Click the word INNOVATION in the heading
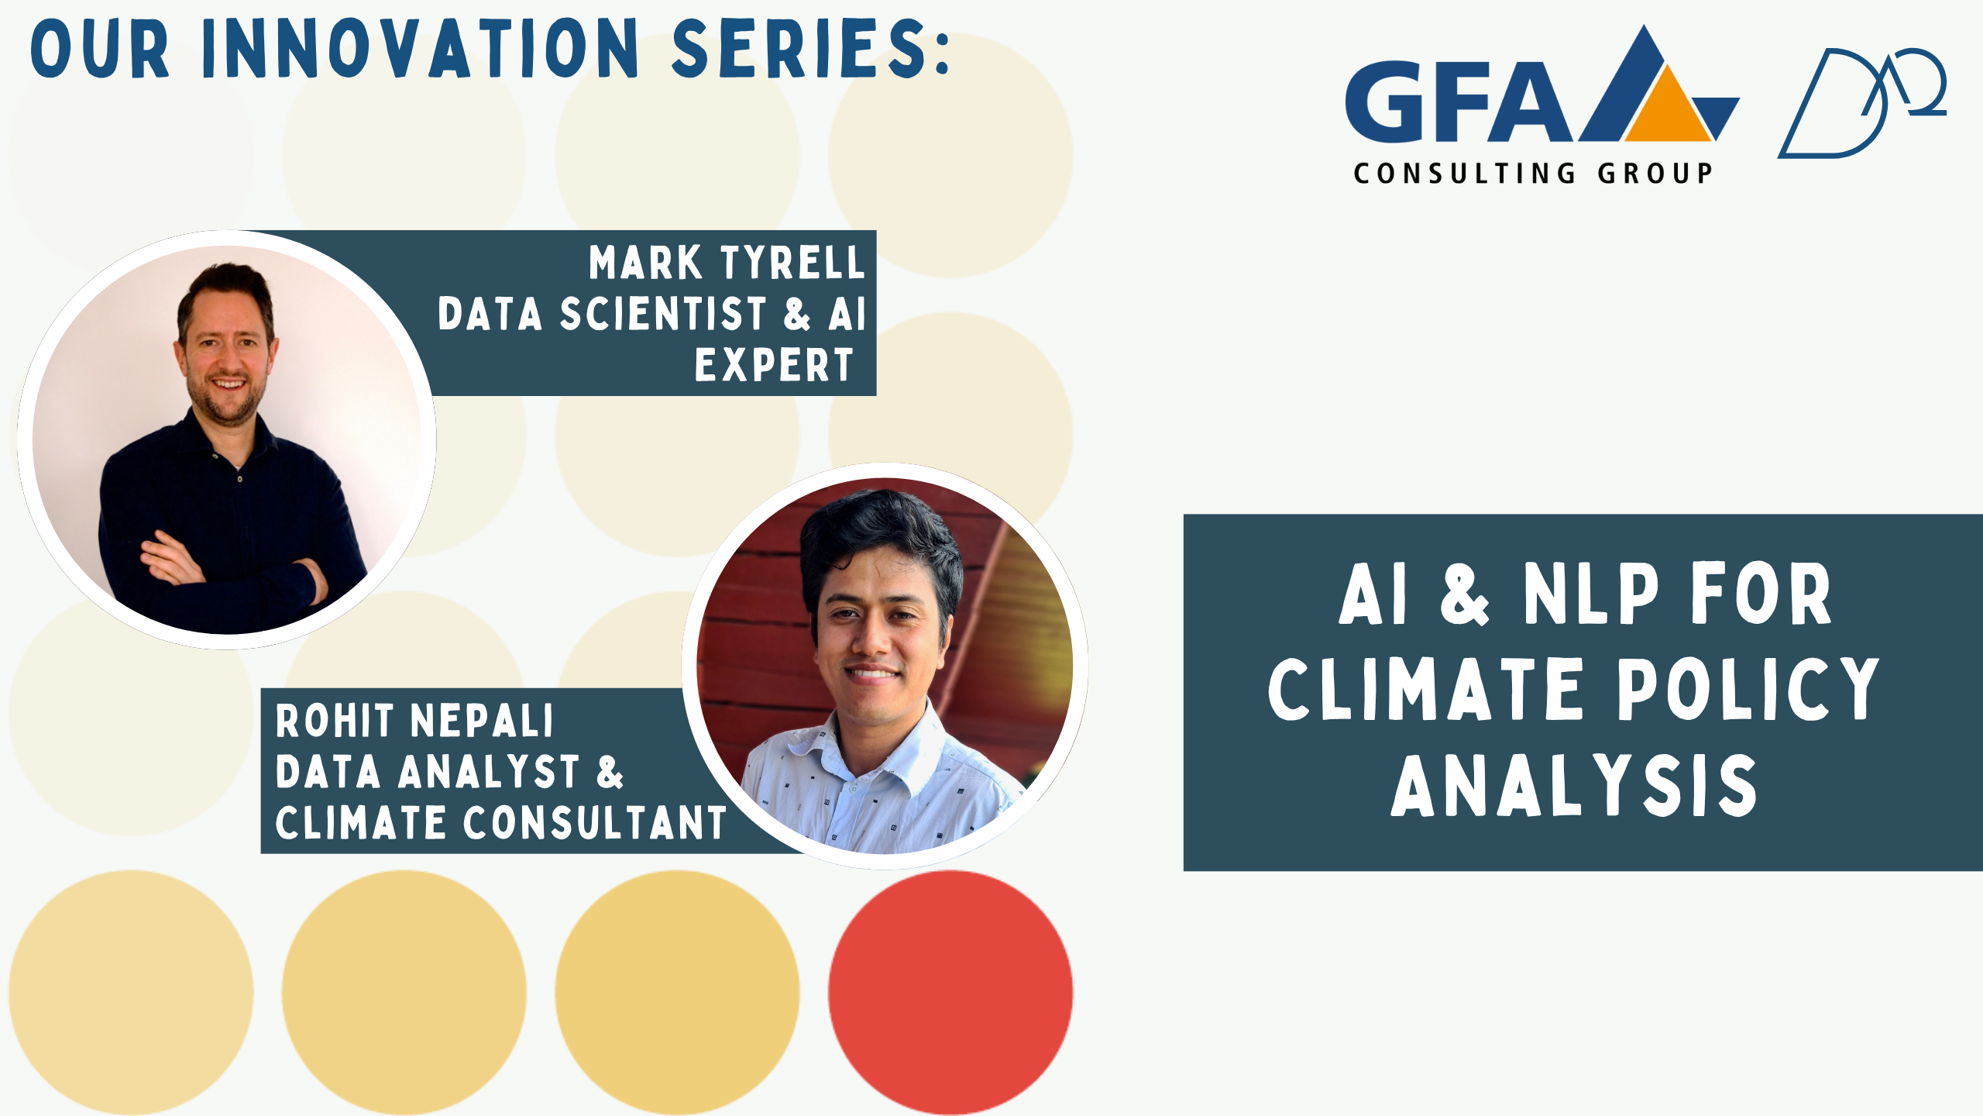point(420,48)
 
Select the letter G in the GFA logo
point(1385,102)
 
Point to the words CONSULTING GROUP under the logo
point(1532,173)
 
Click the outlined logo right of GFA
point(1861,103)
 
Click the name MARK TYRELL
point(726,262)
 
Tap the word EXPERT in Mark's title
point(773,365)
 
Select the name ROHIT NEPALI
point(414,721)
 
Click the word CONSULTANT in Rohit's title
point(595,822)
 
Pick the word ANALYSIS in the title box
point(1573,786)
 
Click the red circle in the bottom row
point(950,992)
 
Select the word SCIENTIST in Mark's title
point(663,314)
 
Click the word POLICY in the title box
point(1748,689)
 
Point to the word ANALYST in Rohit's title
point(489,772)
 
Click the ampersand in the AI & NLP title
point(1464,594)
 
